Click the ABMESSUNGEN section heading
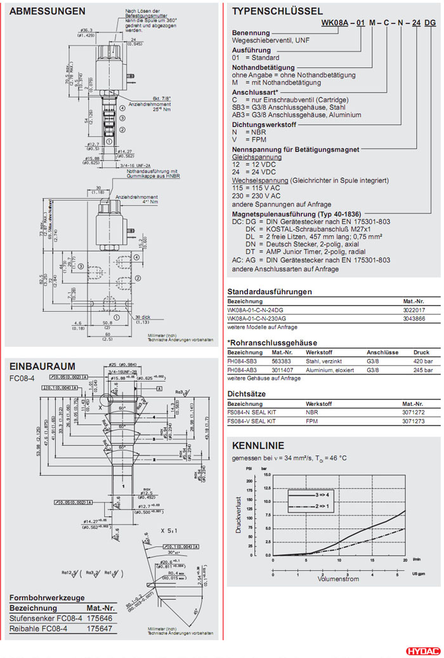click(48, 11)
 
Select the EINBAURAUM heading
click(42, 366)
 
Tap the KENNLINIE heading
click(258, 445)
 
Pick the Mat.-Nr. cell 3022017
click(414, 309)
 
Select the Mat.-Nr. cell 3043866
click(414, 318)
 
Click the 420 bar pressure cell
click(422, 360)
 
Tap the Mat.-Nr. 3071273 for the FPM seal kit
click(414, 420)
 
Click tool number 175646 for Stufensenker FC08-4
click(100, 617)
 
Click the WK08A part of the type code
click(335, 22)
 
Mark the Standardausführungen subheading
click(270, 292)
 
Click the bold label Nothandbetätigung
click(263, 67)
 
